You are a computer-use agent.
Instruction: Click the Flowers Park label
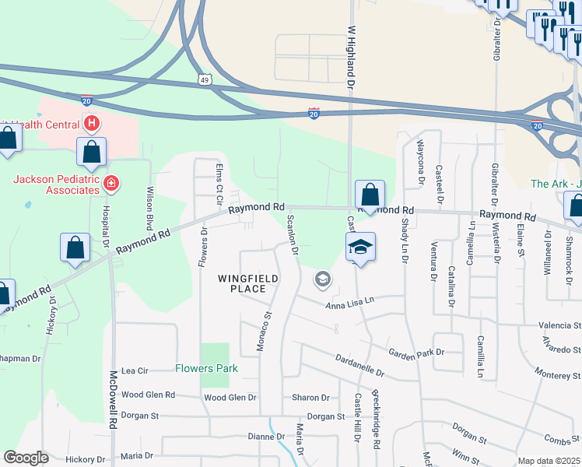[206, 368]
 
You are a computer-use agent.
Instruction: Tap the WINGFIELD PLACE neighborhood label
[247, 283]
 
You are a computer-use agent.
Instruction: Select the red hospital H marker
[93, 123]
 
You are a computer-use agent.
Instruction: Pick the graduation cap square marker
[360, 247]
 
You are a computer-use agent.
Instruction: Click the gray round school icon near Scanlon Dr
[322, 279]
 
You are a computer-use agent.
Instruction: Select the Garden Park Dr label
[416, 352]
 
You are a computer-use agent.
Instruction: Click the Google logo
[26, 458]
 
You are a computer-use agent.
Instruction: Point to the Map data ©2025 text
[549, 461]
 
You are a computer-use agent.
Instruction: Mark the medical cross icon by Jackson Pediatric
[111, 184]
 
